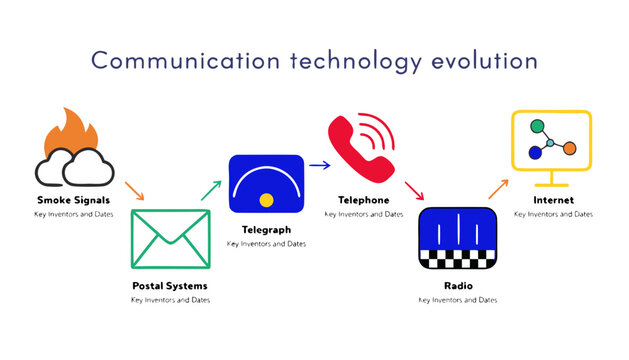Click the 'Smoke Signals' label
pyautogui.click(x=71, y=200)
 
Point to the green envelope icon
pyautogui.click(x=171, y=239)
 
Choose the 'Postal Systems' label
pyautogui.click(x=171, y=286)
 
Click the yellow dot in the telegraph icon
pyautogui.click(x=266, y=200)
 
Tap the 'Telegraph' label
pyautogui.click(x=266, y=229)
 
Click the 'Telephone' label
pyautogui.click(x=363, y=200)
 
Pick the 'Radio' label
pyautogui.click(x=457, y=286)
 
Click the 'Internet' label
pyautogui.click(x=553, y=200)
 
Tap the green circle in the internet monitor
pyautogui.click(x=536, y=128)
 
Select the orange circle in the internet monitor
pyautogui.click(x=569, y=148)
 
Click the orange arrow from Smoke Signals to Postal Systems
pyautogui.click(x=133, y=189)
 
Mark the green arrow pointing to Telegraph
pyautogui.click(x=210, y=189)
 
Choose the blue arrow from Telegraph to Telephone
pyautogui.click(x=319, y=166)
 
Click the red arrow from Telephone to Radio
pyautogui.click(x=414, y=189)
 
